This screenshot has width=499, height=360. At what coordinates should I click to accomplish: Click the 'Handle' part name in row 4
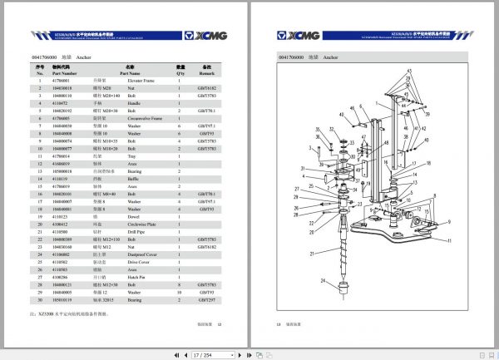click(x=131, y=101)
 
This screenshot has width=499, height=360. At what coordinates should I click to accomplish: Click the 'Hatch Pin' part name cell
click(x=134, y=275)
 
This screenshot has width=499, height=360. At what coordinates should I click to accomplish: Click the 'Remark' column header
click(x=208, y=72)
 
